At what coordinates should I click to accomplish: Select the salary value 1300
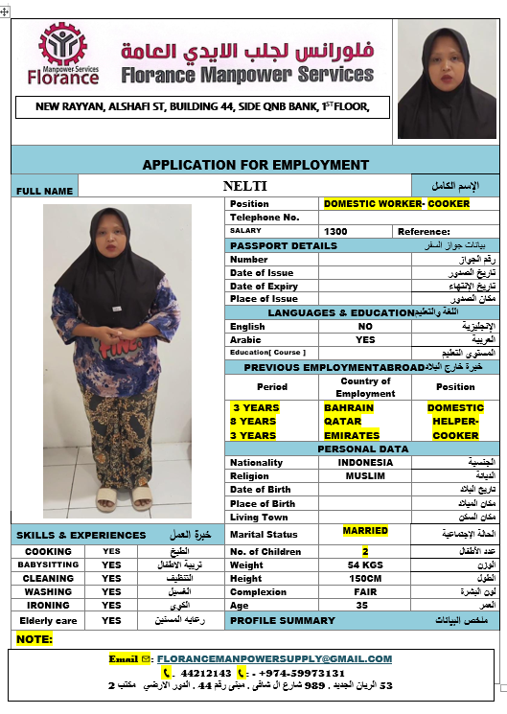click(x=335, y=231)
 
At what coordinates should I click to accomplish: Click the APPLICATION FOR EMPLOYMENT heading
click(x=255, y=165)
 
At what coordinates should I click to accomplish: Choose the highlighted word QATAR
click(x=343, y=421)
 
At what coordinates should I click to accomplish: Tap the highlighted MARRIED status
click(x=365, y=530)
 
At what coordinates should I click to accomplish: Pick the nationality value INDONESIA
click(x=365, y=462)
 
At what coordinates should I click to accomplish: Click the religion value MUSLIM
click(x=365, y=475)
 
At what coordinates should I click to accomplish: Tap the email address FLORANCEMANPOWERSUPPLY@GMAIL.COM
click(x=274, y=658)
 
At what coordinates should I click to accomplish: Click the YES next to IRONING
click(x=111, y=606)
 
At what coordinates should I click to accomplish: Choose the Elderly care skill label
click(x=47, y=621)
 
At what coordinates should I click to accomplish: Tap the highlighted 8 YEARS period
click(x=254, y=421)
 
